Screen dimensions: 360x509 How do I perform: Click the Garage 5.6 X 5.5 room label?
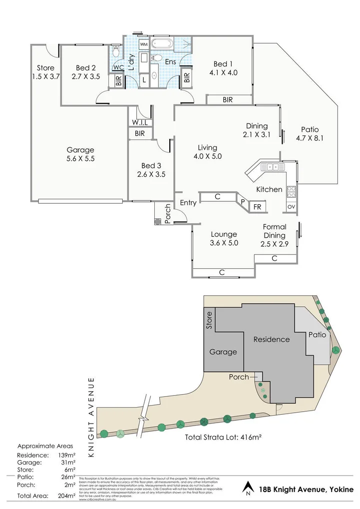coord(81,154)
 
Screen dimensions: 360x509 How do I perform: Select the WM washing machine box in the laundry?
coord(144,44)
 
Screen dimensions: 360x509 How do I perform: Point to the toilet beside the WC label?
coord(116,50)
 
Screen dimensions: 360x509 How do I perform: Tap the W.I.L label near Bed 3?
coord(140,122)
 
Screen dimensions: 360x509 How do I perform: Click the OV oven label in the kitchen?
coord(292,206)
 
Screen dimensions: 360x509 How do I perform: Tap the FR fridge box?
coord(258,206)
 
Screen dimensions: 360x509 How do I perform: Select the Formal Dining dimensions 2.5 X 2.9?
coord(274,244)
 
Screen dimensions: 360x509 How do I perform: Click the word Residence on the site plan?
coord(271,339)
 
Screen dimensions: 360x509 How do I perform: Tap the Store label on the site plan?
coord(209,320)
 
